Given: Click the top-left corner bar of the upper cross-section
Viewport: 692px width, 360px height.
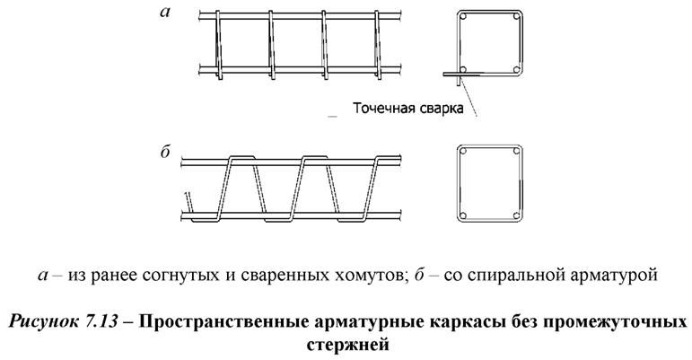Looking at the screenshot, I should point(465,19).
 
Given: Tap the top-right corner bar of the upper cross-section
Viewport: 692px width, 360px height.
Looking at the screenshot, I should point(517,19).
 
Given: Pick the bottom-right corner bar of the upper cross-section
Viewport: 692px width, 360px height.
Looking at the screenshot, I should point(517,69).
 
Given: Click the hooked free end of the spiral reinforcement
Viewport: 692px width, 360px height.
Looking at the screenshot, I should point(186,198).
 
